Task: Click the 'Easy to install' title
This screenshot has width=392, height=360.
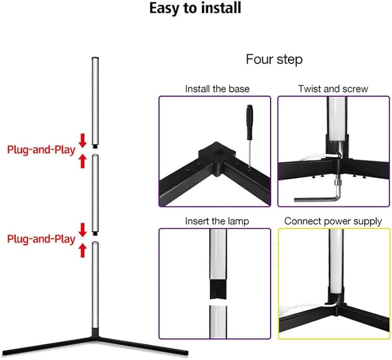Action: click(195, 8)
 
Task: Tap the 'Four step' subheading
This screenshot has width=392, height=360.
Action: click(274, 60)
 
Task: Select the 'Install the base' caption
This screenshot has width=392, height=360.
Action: click(217, 89)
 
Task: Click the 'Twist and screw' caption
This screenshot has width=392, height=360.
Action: click(333, 89)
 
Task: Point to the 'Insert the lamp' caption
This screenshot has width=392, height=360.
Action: click(217, 221)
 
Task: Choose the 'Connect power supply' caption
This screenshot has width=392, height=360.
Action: click(333, 221)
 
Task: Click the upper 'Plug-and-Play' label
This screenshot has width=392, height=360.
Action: click(41, 150)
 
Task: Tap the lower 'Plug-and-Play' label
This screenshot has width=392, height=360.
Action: click(41, 239)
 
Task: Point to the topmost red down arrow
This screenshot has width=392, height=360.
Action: click(82, 140)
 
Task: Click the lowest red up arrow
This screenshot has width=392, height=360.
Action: click(82, 249)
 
